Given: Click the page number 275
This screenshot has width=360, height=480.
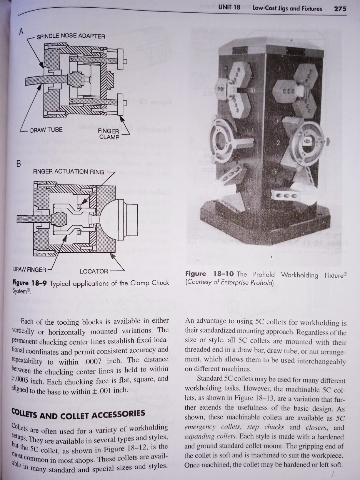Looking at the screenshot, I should [340, 9].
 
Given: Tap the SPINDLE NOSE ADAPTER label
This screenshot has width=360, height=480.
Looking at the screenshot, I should [71, 36].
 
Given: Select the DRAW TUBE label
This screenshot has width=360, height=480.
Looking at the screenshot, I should [46, 130].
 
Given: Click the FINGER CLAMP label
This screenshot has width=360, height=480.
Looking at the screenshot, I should [109, 134].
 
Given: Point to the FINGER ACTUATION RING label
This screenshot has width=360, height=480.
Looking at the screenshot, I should [68, 171].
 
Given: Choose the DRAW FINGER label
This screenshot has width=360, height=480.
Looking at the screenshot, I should [29, 269].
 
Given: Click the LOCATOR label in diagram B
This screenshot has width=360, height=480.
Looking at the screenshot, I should [94, 271].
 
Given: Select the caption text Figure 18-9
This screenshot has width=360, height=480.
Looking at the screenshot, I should [29, 283].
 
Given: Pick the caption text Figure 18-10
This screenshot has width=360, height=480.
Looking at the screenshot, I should [209, 274].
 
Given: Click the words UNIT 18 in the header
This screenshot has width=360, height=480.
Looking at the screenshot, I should [229, 7].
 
